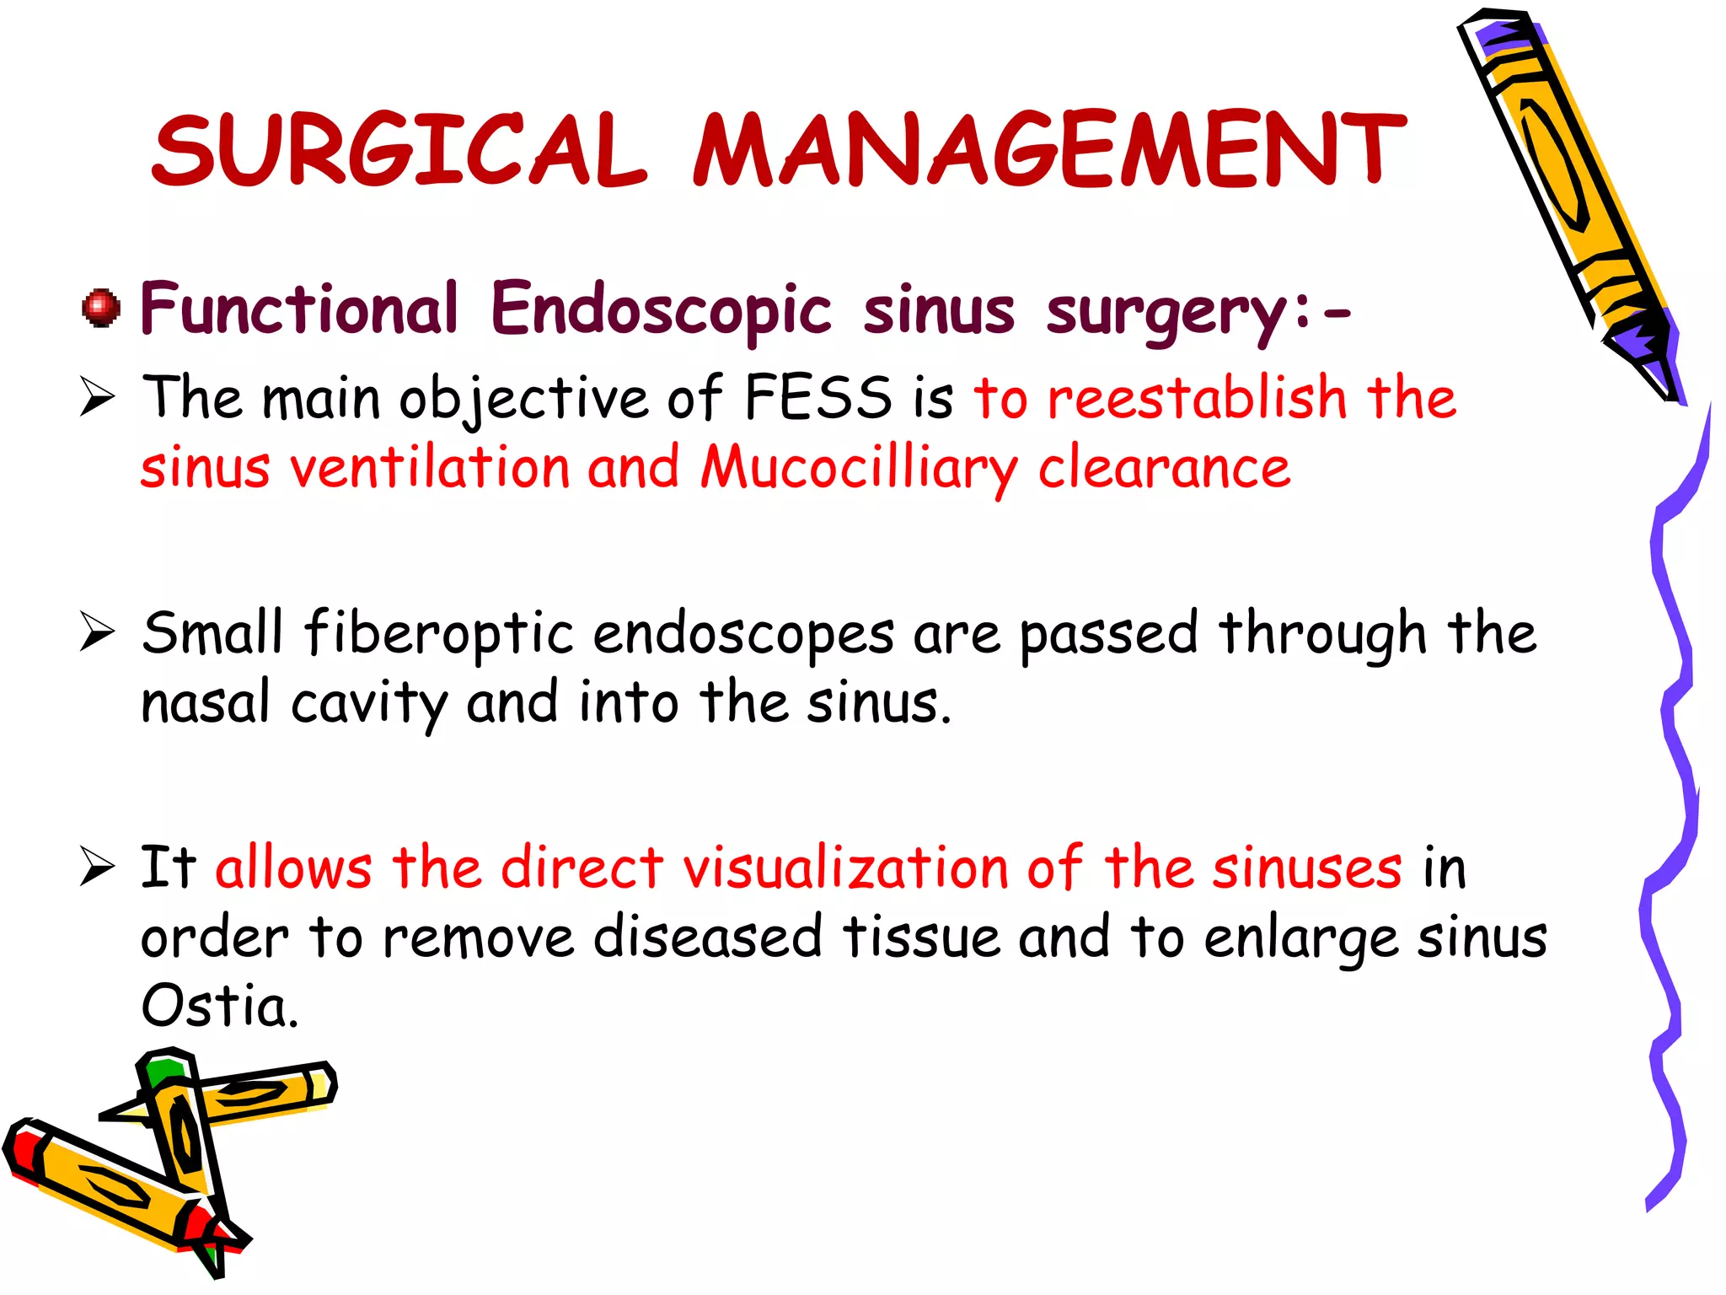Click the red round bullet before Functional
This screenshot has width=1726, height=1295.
(x=101, y=308)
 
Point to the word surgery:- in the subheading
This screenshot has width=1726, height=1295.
(x=1197, y=312)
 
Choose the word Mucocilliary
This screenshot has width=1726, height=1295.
(x=860, y=468)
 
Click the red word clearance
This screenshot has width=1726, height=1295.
(x=1163, y=468)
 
